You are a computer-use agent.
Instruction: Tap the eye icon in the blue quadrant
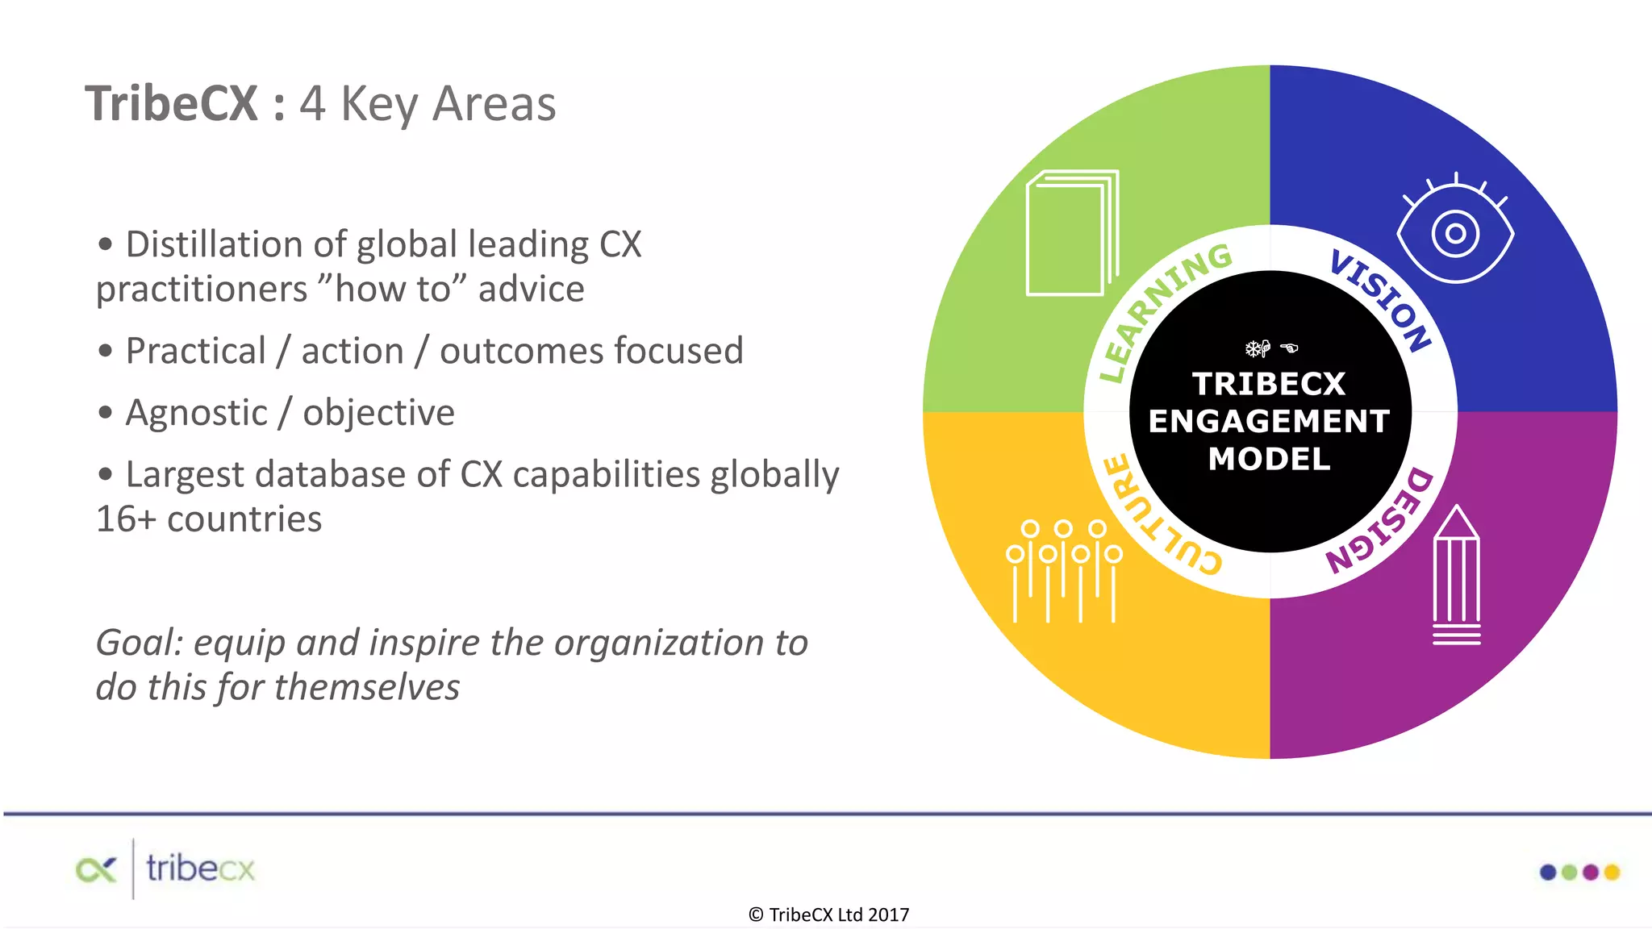pos(1455,234)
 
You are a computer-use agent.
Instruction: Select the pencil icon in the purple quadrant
pos(1456,577)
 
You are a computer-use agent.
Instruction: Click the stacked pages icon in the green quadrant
pos(1071,234)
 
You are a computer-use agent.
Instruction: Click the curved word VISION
pos(1381,298)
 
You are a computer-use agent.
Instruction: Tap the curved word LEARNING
pos(1162,306)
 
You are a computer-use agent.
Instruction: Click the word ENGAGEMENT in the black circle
pos(1269,421)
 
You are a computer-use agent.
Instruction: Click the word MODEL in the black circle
pos(1269,459)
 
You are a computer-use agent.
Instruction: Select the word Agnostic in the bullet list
pos(196,413)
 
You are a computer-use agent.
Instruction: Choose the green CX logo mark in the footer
pos(96,869)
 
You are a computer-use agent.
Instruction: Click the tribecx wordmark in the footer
pos(200,869)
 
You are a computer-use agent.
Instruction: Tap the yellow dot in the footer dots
pos(1612,872)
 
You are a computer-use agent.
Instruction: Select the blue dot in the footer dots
pos(1548,872)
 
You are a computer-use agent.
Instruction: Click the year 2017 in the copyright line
pos(888,914)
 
